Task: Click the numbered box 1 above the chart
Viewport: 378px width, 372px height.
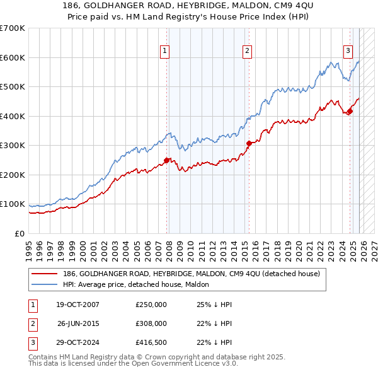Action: (164, 51)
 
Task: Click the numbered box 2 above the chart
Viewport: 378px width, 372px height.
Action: (247, 51)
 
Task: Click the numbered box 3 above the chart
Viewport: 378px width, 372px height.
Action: (347, 51)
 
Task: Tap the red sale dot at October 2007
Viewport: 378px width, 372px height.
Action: (167, 160)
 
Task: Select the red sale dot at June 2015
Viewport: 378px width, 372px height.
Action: (249, 143)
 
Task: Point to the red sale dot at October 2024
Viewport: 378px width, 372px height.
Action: (350, 112)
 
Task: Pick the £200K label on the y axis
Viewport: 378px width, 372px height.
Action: (13, 175)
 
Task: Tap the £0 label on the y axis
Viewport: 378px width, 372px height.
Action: (19, 233)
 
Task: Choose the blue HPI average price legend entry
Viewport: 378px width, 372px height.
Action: (139, 285)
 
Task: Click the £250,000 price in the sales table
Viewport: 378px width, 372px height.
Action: (151, 305)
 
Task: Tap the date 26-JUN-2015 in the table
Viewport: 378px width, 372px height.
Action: (78, 323)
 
